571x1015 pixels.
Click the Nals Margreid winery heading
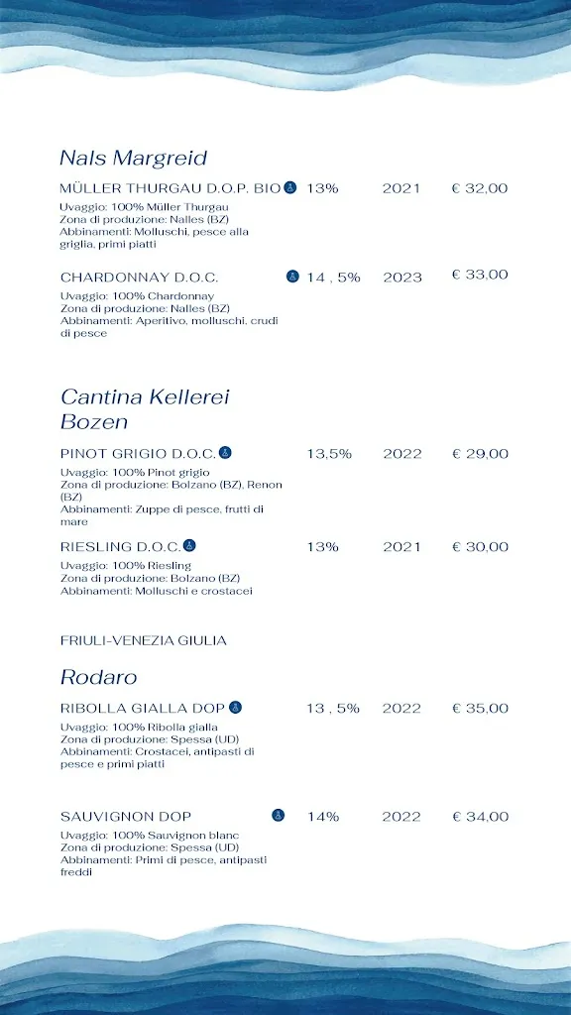pyautogui.click(x=133, y=159)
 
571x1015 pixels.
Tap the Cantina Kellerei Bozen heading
pyautogui.click(x=145, y=409)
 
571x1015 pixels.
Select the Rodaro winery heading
pyautogui.click(x=98, y=678)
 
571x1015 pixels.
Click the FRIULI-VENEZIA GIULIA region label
pyautogui.click(x=144, y=640)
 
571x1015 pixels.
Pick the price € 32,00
pyautogui.click(x=480, y=188)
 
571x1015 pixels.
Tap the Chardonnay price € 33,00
pyautogui.click(x=480, y=275)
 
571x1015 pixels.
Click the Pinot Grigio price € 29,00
pyautogui.click(x=480, y=454)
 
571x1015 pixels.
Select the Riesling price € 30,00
pyautogui.click(x=480, y=547)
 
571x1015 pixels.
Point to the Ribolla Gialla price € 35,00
pyautogui.click(x=480, y=709)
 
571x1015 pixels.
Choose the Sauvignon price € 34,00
pyautogui.click(x=480, y=817)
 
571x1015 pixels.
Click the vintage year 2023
pyautogui.click(x=402, y=278)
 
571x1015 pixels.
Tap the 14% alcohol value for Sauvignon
pyautogui.click(x=323, y=817)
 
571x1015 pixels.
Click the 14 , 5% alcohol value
pyautogui.click(x=333, y=278)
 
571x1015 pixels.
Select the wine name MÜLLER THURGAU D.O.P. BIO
pyautogui.click(x=171, y=188)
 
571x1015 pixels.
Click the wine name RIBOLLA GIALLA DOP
pyautogui.click(x=143, y=709)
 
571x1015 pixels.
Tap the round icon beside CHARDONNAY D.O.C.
pyautogui.click(x=292, y=277)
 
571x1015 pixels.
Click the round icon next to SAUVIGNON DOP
pyautogui.click(x=279, y=816)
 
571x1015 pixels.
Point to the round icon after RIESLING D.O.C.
pyautogui.click(x=190, y=545)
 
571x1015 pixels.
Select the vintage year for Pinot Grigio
pyautogui.click(x=402, y=454)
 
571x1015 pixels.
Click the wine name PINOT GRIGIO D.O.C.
pyautogui.click(x=138, y=454)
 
